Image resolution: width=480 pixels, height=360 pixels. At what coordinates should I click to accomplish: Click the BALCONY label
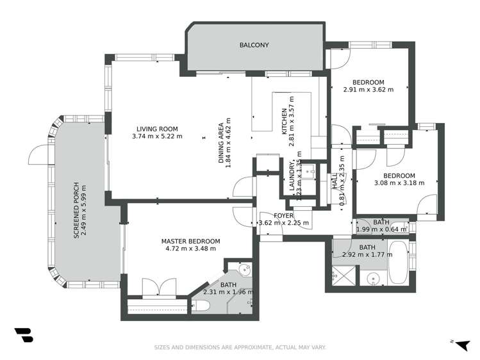click(x=254, y=45)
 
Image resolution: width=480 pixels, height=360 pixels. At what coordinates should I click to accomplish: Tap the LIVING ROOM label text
click(x=157, y=127)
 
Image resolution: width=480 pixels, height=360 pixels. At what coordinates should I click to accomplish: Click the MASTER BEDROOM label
click(x=190, y=240)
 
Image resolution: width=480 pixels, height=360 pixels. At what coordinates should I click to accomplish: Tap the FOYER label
click(x=283, y=216)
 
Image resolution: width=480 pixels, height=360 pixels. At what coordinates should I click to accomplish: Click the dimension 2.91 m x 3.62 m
click(x=368, y=90)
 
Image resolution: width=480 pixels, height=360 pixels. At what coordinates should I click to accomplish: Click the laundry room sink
click(x=308, y=171)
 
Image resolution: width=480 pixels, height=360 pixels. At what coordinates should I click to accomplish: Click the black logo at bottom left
click(x=22, y=336)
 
